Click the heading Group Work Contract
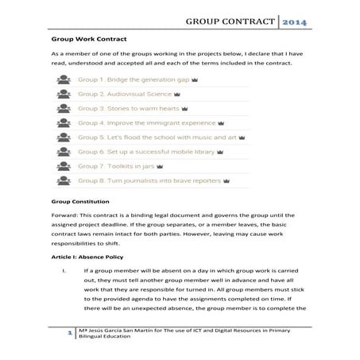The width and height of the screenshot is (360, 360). coord(91,37)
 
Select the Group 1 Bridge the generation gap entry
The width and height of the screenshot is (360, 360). coord(131,79)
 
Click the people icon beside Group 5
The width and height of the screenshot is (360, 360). coord(62,137)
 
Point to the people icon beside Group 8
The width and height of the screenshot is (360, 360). coord(62,181)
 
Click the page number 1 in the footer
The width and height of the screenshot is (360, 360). coord(71,335)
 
